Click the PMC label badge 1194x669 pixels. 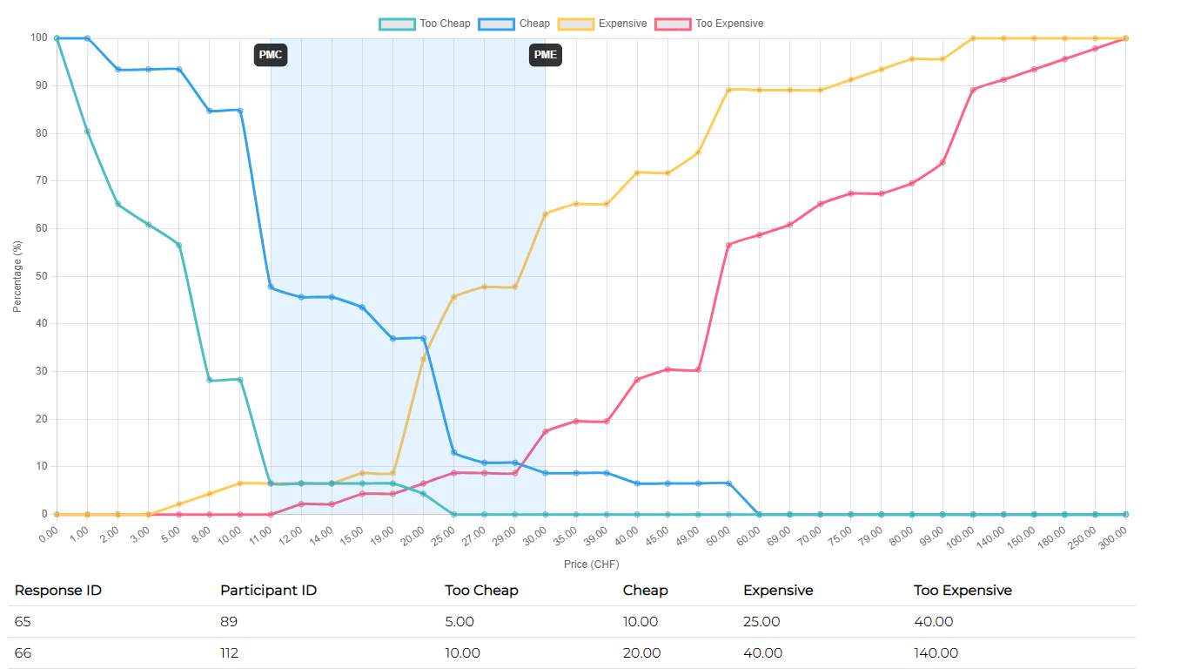coord(272,56)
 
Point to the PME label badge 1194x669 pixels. coord(546,56)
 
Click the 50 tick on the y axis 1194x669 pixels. coord(40,276)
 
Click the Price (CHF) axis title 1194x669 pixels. coord(591,564)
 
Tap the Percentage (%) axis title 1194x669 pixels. coord(17,276)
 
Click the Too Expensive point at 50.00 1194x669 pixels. coord(728,245)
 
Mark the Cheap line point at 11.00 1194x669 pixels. coord(271,287)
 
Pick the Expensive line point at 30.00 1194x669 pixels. coord(546,213)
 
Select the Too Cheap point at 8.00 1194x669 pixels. coord(210,380)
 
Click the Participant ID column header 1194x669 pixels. coord(268,591)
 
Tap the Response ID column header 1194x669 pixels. coord(58,591)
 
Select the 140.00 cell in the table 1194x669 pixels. coord(936,653)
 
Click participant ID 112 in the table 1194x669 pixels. coord(230,653)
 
